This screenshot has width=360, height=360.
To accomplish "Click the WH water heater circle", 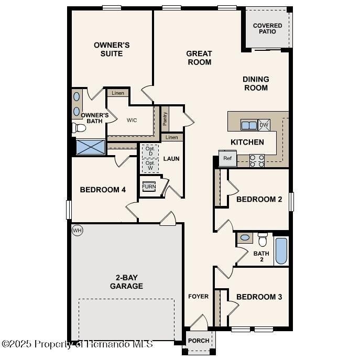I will pos(77,230).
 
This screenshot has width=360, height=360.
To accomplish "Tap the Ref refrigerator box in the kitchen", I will pos(227,158).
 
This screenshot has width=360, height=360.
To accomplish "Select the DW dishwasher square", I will pos(264,125).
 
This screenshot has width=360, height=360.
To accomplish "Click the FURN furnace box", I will pos(149,187).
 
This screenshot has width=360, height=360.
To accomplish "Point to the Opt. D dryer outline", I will pos(150,150).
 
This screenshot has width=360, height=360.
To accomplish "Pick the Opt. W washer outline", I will pos(150,165).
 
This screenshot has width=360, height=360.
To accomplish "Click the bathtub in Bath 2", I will pos(281,251).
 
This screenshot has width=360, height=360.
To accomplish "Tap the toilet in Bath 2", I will pos(263,239).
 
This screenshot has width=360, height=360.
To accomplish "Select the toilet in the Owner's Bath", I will pos(80,127).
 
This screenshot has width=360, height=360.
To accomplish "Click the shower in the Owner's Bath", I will pos(90,147).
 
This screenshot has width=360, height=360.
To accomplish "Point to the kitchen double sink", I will pos(248,125).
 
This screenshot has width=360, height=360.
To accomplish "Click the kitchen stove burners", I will pos(257,160).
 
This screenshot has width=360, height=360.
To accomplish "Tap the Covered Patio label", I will pos(267,28).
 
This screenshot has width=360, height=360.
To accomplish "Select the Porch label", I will pos(199,341).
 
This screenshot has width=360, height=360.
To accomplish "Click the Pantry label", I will pos(165,118).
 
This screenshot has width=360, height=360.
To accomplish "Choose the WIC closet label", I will pos(132,120).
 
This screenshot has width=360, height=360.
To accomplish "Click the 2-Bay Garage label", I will pos(126,282).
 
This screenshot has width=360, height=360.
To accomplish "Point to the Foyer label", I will pos(199,297).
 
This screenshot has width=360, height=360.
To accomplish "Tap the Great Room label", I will pos(199,58).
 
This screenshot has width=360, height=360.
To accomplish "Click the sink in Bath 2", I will pos(245,238).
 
